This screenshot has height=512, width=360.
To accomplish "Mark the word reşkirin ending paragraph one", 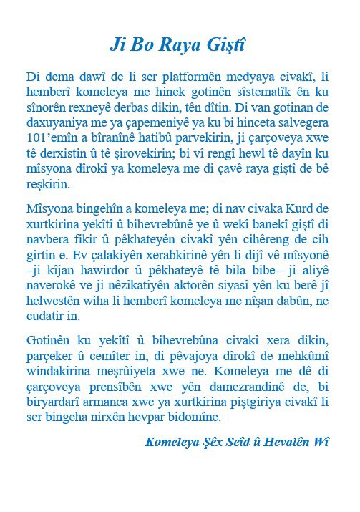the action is pyautogui.click(x=48, y=184).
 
